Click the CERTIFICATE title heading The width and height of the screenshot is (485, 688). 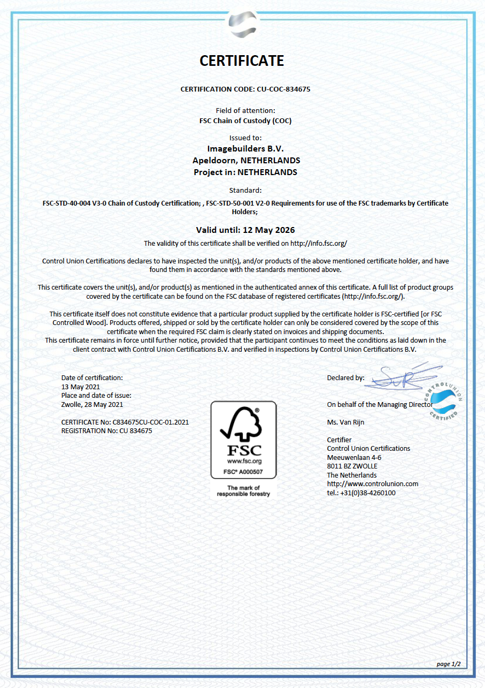[x=242, y=61]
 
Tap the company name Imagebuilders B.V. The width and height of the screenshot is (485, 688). [x=245, y=148]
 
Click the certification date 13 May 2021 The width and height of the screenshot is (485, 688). [x=81, y=387]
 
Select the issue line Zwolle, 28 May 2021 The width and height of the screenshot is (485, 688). [x=92, y=404]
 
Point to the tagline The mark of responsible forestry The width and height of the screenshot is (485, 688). [x=243, y=491]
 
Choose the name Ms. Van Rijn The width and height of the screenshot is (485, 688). [x=345, y=422]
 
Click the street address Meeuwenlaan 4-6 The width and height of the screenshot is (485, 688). [x=354, y=457]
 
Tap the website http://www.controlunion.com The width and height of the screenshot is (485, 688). [x=373, y=483]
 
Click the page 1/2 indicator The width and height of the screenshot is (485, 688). [x=448, y=664]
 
